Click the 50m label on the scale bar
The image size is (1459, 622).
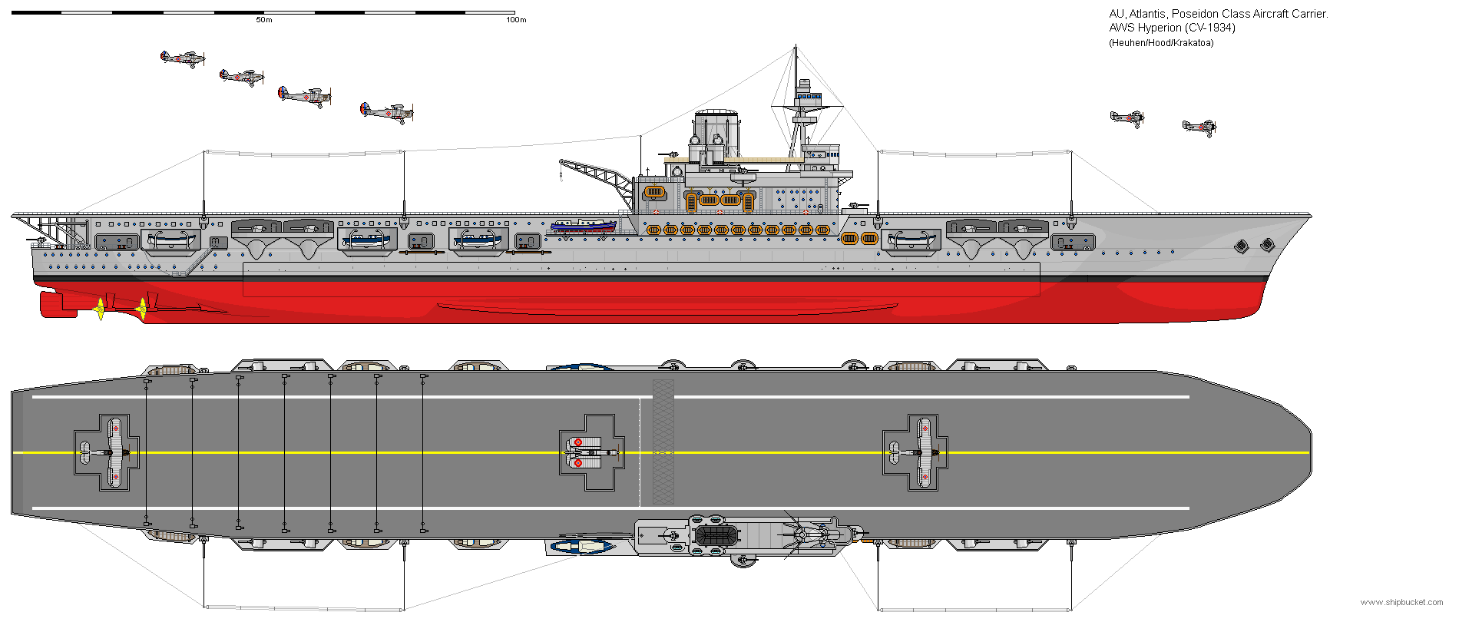(264, 20)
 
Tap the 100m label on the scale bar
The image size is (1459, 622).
(516, 20)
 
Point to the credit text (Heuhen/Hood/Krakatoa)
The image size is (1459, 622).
(1161, 43)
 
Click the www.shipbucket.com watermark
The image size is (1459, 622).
(1401, 603)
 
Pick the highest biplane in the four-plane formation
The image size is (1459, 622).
(183, 58)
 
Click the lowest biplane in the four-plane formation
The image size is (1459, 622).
(387, 113)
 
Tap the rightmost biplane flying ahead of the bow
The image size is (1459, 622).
(1199, 127)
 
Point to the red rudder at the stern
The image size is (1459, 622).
(58, 303)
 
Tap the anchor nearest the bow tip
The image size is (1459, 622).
(1266, 245)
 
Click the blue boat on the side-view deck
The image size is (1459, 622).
(583, 226)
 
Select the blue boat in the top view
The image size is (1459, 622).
(582, 547)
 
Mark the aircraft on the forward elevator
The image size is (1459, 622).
(918, 453)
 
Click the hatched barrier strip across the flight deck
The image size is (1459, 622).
(663, 442)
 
